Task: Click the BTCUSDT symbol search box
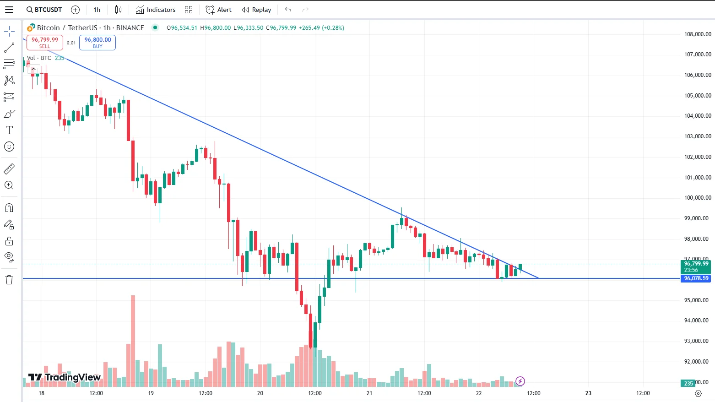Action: [44, 10]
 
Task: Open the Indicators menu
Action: [156, 10]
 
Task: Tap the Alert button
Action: [218, 10]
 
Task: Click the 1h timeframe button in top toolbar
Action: [97, 10]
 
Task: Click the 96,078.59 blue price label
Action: [696, 278]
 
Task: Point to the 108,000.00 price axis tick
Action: [697, 34]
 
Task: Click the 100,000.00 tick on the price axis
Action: [697, 198]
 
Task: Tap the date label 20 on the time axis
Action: [260, 393]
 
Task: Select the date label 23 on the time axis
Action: [588, 393]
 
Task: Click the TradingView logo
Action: [65, 377]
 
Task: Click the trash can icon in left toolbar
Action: [9, 280]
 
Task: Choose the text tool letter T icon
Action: [9, 130]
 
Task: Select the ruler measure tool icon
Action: [9, 169]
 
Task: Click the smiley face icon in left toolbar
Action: [9, 147]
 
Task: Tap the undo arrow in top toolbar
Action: [288, 10]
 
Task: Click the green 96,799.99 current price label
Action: [696, 264]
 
